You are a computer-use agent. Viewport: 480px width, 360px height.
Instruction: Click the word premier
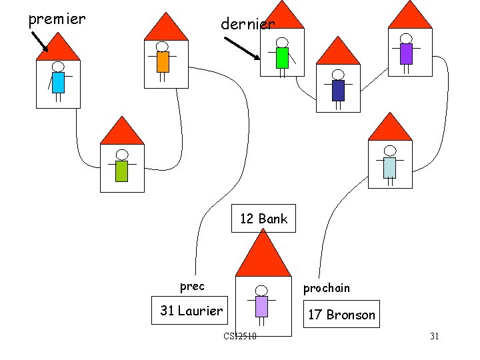pos(57,19)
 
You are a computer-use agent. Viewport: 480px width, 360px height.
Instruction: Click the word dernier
pos(247,24)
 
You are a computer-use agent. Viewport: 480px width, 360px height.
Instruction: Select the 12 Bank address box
pos(263,219)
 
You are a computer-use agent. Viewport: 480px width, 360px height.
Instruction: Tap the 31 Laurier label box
pos(191,311)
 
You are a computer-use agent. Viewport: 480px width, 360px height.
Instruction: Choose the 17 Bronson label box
pos(341,315)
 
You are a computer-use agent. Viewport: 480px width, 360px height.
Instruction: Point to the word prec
pos(192,286)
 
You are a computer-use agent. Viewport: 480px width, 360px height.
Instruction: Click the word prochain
pos(326,288)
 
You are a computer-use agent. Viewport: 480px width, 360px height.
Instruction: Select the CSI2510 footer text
pos(240,336)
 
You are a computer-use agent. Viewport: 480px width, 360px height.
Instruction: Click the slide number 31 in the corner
pos(434,336)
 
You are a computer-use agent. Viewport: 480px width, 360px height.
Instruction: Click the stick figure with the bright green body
pos(282,56)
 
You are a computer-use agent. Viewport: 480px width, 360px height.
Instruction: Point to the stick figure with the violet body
pos(406,52)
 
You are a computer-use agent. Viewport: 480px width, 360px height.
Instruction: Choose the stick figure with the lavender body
pos(261,305)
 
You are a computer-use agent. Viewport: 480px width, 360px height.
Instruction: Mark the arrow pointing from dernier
pos(241,49)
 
